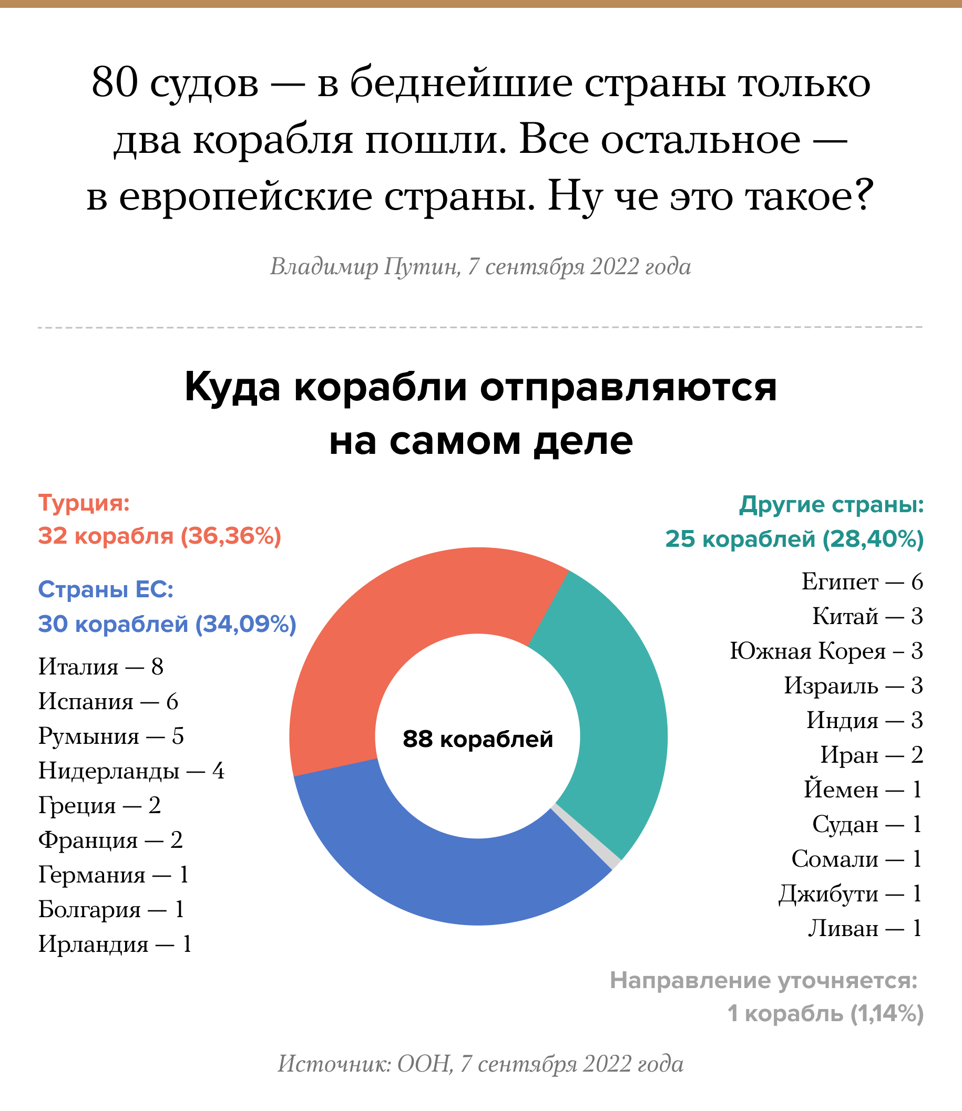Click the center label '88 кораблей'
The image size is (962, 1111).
point(478,739)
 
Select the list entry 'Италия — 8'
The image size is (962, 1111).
point(101,667)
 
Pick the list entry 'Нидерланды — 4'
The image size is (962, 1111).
point(131,772)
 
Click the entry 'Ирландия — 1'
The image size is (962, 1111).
point(115,944)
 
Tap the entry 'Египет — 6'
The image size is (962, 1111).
point(862,582)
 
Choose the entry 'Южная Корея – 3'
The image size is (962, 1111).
point(826,651)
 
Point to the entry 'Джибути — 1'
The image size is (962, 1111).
point(851,894)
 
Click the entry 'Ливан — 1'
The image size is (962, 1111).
point(865,929)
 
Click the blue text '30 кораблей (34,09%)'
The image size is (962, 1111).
point(167,624)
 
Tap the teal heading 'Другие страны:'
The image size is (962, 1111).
point(832,505)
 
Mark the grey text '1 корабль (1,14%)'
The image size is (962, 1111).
point(825,1014)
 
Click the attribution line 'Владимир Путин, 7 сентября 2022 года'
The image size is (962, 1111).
point(480,267)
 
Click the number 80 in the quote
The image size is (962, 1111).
point(115,83)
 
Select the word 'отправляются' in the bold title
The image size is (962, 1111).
point(628,387)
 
